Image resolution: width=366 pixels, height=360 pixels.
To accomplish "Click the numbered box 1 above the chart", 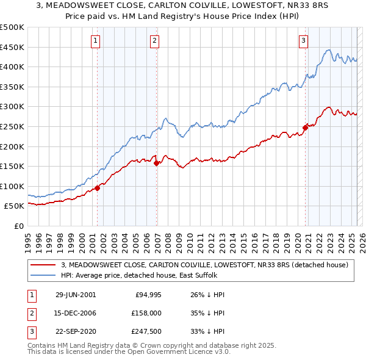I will tap(96, 41).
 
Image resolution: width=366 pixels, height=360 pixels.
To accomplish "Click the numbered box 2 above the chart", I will tap(155, 41).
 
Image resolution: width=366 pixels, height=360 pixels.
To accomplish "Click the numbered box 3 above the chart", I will tap(303, 41).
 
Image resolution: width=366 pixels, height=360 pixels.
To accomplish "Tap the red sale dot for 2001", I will tap(98, 188).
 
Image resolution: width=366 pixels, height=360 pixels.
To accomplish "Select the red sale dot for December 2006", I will tap(157, 163).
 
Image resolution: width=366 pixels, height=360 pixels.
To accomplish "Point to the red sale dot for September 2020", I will tap(305, 128).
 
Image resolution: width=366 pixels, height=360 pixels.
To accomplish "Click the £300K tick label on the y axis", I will tap(12, 107).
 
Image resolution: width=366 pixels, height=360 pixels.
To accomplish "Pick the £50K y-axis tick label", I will tap(15, 206).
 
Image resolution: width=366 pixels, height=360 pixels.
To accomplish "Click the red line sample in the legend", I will tap(43, 265).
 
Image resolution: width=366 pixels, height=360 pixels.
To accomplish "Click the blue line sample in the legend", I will tap(43, 275).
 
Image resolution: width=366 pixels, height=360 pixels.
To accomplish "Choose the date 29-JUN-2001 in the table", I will tap(76, 295).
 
